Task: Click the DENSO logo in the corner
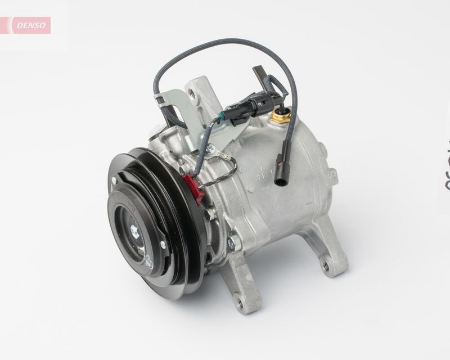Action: [x=28, y=25]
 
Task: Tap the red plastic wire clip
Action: [x=191, y=186]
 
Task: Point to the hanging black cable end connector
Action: [x=281, y=168]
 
